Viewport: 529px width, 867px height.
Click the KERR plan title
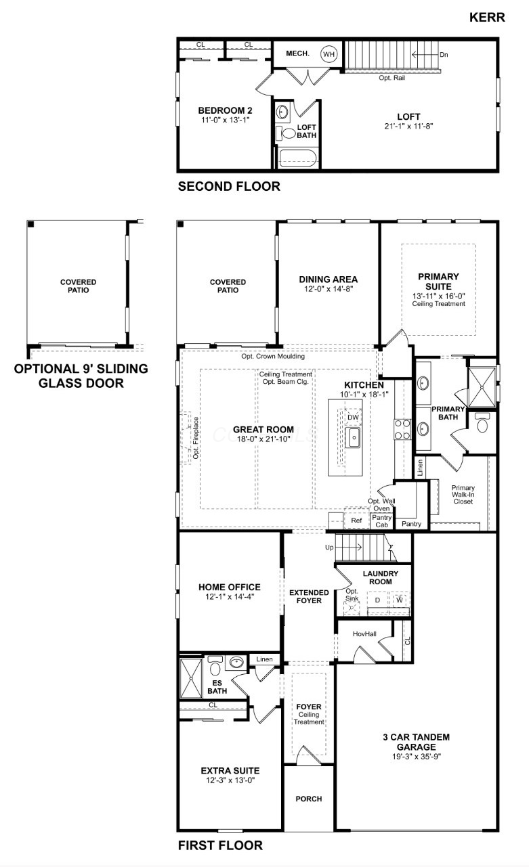click(487, 18)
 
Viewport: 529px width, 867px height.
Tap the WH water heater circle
click(329, 54)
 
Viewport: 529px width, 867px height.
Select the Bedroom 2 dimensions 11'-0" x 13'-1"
click(226, 120)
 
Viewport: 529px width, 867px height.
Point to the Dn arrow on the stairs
click(443, 54)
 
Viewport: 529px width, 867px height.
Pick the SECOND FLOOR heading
click(228, 187)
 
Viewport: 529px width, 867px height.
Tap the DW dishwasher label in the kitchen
click(353, 418)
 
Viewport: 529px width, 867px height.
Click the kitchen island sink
click(353, 439)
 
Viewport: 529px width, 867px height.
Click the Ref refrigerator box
click(356, 521)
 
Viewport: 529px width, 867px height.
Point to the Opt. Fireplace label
click(195, 438)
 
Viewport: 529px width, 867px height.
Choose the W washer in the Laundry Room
click(400, 600)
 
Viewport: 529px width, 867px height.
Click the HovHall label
click(364, 634)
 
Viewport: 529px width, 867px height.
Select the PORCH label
click(309, 799)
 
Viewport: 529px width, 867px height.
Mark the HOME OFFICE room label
click(229, 587)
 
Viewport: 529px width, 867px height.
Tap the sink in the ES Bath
click(236, 663)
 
